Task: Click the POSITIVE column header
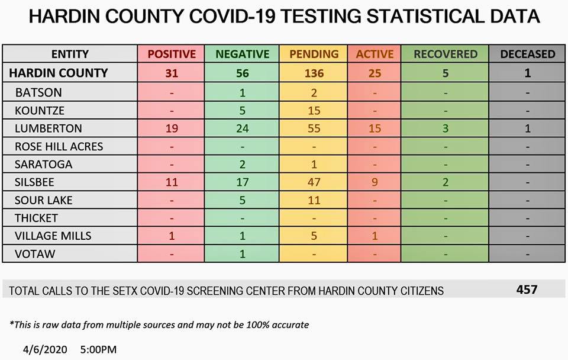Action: click(x=172, y=54)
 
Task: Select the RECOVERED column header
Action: click(x=445, y=54)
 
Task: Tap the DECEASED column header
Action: click(x=527, y=54)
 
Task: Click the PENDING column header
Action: click(x=314, y=54)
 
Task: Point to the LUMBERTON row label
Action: click(x=49, y=128)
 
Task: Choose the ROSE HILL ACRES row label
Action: click(x=59, y=146)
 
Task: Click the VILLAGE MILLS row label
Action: click(x=53, y=236)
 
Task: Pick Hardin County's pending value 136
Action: click(x=314, y=73)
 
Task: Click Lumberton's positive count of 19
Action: click(x=172, y=128)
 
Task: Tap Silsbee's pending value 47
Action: click(x=314, y=182)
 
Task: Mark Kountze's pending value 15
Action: click(x=314, y=111)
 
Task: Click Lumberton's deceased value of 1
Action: click(x=527, y=128)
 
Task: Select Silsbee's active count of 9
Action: click(x=375, y=182)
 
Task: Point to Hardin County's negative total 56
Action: click(x=242, y=73)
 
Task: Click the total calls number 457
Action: click(x=527, y=290)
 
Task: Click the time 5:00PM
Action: click(x=98, y=349)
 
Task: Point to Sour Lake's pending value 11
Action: click(x=314, y=200)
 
